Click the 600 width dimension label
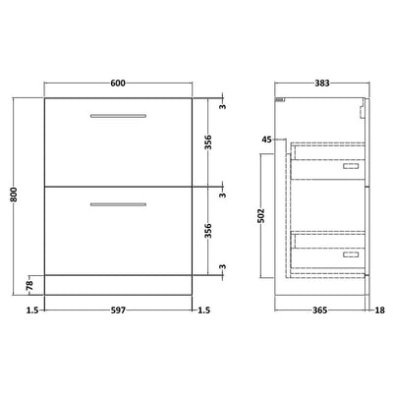point(118,84)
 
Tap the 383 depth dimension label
point(322,84)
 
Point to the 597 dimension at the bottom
point(118,310)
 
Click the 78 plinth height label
point(29,286)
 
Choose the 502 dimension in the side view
point(260,215)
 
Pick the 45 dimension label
point(266,140)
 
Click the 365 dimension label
point(319,310)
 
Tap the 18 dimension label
point(379,310)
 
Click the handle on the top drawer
point(118,116)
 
